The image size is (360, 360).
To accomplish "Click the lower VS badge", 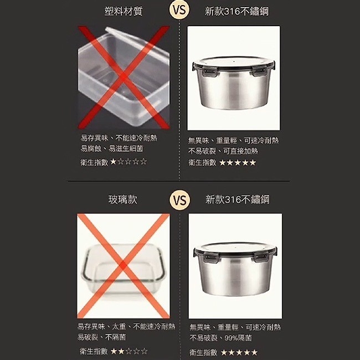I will click(179, 199).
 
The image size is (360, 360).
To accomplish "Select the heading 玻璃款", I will click(122, 199).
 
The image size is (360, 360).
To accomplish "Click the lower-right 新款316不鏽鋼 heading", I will click(237, 199).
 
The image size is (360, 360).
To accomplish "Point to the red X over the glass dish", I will click(123, 266).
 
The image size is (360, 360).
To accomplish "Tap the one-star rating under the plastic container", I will click(128, 162).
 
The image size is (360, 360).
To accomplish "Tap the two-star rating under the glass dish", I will click(128, 351).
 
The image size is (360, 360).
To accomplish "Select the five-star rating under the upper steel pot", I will click(238, 163).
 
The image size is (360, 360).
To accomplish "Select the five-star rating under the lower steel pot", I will click(239, 352).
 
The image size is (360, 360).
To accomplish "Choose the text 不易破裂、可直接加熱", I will click(223, 151).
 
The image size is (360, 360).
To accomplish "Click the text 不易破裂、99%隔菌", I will click(221, 338).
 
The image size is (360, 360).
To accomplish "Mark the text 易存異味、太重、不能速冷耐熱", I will click(126, 326).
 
